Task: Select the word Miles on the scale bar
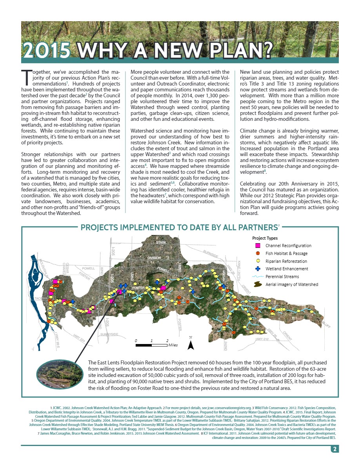click(x=173, y=345)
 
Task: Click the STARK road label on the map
click(x=161, y=243)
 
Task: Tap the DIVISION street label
click(x=154, y=258)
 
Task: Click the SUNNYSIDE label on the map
click(x=109, y=334)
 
